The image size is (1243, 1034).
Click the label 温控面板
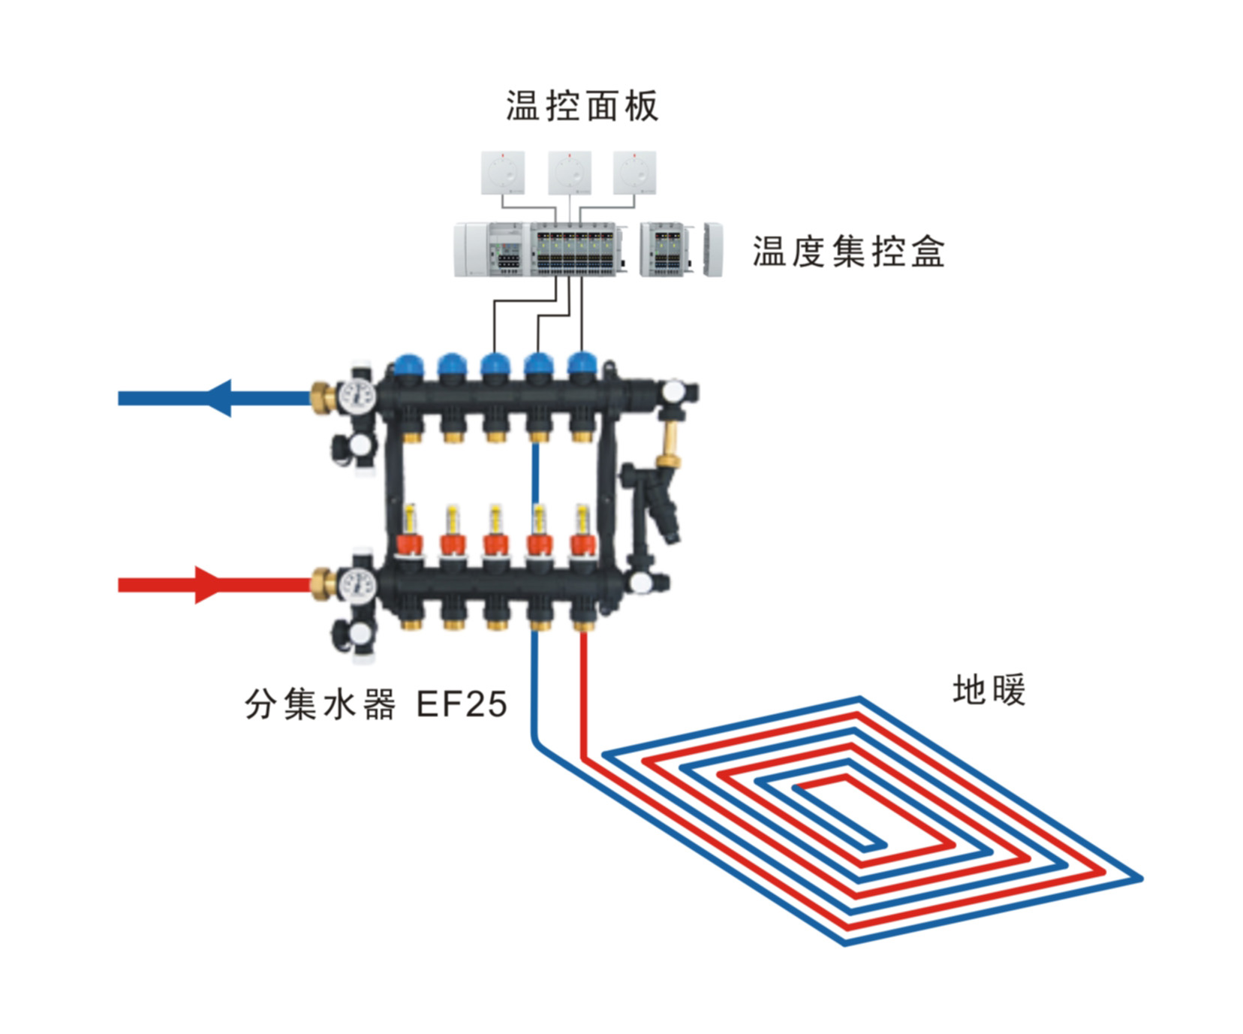point(582,106)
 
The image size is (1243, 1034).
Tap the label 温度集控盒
point(848,252)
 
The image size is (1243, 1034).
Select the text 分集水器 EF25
point(376,704)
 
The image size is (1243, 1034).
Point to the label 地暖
point(989,690)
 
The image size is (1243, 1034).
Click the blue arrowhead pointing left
point(218,398)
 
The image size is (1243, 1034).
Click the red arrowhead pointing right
point(208,585)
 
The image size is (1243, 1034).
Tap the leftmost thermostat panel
point(503,173)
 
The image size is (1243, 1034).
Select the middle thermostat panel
point(570,173)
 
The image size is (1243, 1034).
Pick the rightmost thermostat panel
point(634,173)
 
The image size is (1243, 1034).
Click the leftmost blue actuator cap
point(409,366)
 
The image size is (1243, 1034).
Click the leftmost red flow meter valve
point(410,544)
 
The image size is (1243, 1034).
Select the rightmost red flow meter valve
point(582,544)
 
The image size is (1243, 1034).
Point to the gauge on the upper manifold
point(357,396)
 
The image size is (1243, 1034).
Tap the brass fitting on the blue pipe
point(324,397)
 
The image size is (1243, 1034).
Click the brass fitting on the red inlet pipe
point(324,584)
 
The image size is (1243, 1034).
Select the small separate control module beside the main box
point(664,249)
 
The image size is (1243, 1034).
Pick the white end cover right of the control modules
point(713,249)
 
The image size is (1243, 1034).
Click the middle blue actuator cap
point(495,366)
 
